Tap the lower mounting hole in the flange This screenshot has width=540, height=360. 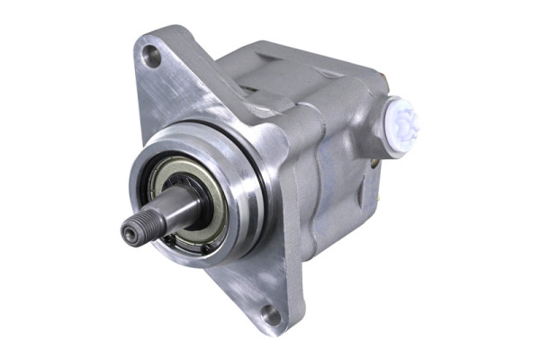pyautogui.click(x=269, y=314)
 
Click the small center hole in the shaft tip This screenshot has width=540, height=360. pyautogui.click(x=129, y=234)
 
